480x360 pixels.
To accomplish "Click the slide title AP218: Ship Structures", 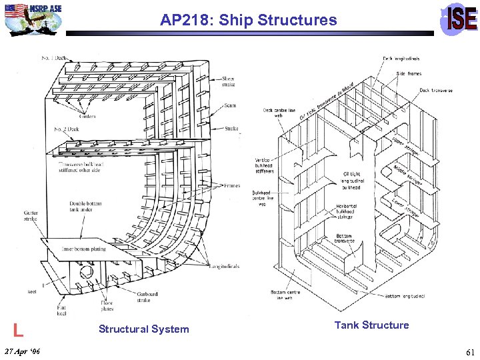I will point(248,20).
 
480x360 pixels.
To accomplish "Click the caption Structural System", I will point(143,329).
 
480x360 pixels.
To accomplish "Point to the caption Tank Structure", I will point(371,325).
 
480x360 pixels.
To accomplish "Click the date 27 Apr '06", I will point(22,351).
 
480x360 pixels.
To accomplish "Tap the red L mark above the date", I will point(19,328).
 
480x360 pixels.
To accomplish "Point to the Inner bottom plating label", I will point(84,249).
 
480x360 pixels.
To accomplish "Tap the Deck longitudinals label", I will point(401,59).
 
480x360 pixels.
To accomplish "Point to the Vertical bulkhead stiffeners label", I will point(264,165).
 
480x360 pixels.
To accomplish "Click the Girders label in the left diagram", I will point(85,116).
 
